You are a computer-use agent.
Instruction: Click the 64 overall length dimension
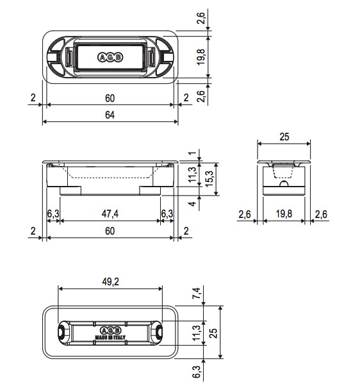click(x=110, y=115)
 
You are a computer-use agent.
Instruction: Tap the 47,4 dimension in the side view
click(x=110, y=214)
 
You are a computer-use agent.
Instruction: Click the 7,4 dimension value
click(x=197, y=294)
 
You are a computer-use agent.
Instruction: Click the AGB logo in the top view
click(x=110, y=57)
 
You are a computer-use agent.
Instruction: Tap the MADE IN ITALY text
click(x=110, y=337)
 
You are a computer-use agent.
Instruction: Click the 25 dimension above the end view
click(x=284, y=136)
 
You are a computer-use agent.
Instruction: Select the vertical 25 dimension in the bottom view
click(x=215, y=333)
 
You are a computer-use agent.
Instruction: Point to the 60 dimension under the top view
click(x=110, y=98)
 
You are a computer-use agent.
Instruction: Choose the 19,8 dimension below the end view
click(x=284, y=214)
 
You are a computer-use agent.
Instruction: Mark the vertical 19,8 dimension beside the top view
click(x=201, y=56)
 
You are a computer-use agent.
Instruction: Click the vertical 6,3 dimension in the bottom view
click(x=197, y=370)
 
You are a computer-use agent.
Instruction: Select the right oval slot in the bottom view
click(x=159, y=331)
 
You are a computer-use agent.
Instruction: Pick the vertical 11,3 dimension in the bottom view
click(x=197, y=333)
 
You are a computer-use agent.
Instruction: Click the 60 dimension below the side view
click(x=110, y=231)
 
